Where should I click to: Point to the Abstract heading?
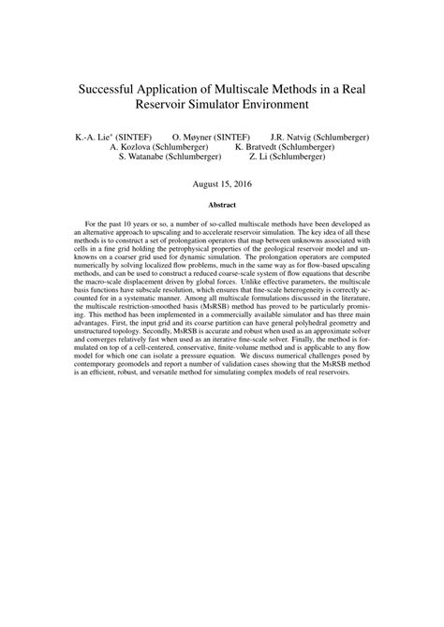(222, 204)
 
